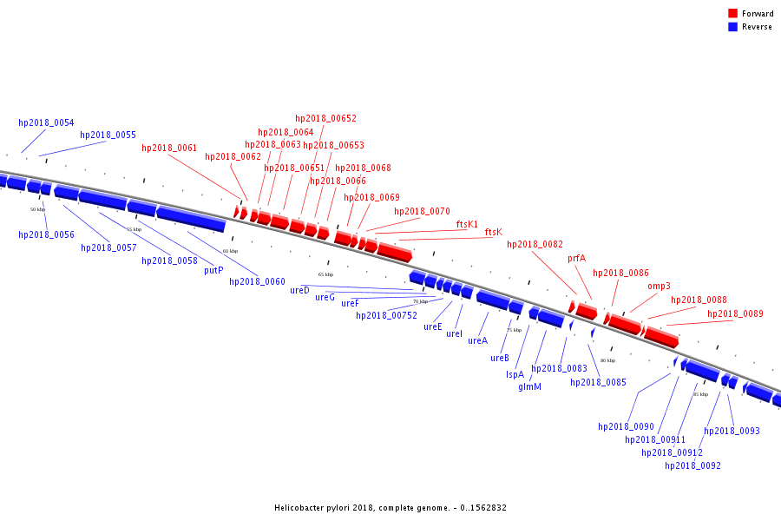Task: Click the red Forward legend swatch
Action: (x=732, y=14)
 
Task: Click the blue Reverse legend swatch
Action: (x=732, y=27)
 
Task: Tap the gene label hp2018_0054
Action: (x=46, y=122)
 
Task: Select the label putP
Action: (x=213, y=270)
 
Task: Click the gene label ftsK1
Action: (x=467, y=224)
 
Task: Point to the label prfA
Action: (x=577, y=258)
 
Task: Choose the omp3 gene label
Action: (x=659, y=286)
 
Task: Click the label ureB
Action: (x=499, y=358)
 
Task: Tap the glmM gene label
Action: (x=529, y=386)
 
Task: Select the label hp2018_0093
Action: (x=732, y=431)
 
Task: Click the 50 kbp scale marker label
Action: (x=37, y=209)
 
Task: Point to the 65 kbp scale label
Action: (x=325, y=274)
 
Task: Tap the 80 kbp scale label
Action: (x=607, y=360)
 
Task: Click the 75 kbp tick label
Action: (x=514, y=330)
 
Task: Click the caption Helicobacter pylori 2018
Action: (x=390, y=507)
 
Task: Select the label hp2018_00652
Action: (x=325, y=118)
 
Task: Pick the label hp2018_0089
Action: (x=735, y=313)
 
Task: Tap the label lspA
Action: (x=515, y=374)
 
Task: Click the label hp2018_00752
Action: (x=386, y=315)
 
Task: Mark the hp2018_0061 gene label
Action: (x=169, y=148)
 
